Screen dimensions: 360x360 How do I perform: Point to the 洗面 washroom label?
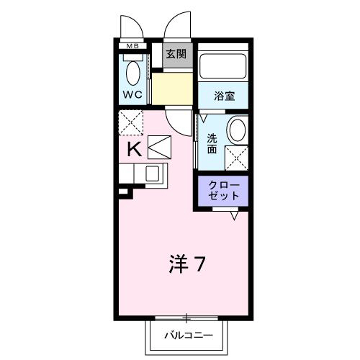point(212,143)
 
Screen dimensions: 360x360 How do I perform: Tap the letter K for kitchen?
point(133,149)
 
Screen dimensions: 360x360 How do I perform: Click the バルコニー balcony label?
point(186,336)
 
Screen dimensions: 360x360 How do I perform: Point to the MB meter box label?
point(132,48)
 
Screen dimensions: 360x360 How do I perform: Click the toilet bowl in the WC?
point(132,73)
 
